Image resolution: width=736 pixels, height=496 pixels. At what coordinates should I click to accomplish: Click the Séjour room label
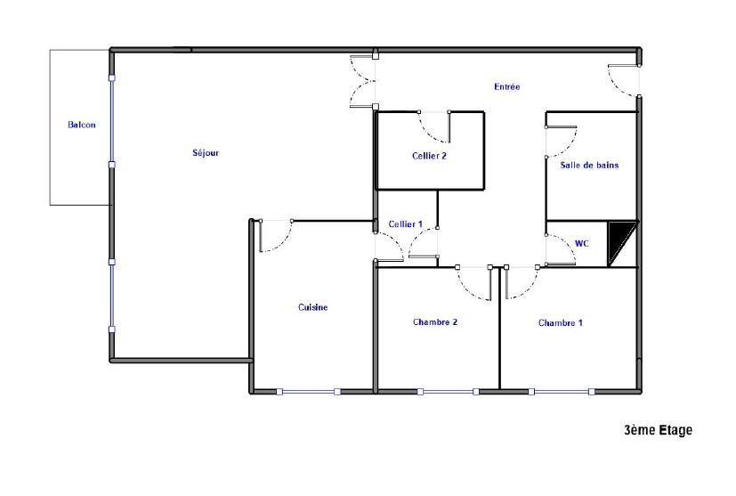click(x=206, y=152)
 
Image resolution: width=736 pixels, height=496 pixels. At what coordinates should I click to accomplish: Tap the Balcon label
click(x=82, y=125)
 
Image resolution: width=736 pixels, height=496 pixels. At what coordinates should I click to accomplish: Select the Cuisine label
click(x=313, y=307)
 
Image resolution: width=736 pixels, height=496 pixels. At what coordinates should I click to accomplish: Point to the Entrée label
click(x=507, y=86)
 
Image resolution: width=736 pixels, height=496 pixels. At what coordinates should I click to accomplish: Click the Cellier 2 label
click(x=429, y=156)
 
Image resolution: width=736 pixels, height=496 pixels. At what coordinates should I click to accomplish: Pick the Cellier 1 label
click(x=406, y=224)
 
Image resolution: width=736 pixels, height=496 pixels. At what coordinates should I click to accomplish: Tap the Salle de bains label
click(x=589, y=165)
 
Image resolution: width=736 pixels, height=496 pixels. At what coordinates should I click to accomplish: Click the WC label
click(x=581, y=243)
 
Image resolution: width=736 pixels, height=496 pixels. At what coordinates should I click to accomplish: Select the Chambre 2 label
click(x=435, y=321)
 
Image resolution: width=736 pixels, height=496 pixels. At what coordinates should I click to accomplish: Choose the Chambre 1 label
click(x=561, y=322)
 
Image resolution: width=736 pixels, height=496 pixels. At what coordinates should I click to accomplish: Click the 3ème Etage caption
click(x=658, y=430)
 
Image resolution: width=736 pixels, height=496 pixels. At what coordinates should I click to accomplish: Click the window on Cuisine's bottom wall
click(x=309, y=391)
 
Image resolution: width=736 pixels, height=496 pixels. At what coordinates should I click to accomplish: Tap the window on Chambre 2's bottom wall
click(x=449, y=391)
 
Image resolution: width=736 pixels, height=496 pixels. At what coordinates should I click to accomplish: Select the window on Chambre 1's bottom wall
click(x=562, y=391)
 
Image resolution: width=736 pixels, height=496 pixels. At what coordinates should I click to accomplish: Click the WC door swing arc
click(x=568, y=245)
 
